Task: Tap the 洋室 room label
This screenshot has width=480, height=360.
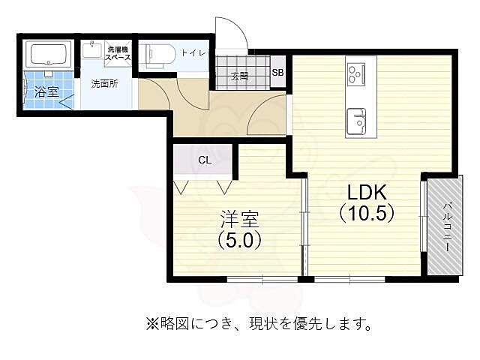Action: point(239,219)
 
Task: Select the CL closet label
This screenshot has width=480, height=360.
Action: point(205,160)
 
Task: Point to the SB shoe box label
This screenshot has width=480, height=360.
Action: point(277,73)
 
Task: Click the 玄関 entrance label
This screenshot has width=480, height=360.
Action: point(239,75)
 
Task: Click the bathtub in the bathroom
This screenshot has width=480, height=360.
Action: point(48,54)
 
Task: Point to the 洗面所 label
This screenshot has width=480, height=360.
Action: point(104,84)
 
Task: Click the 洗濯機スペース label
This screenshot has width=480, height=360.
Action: point(118,52)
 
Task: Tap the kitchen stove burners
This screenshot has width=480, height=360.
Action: point(355,73)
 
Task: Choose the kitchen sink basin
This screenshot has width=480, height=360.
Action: point(355,118)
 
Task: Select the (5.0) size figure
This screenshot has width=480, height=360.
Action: point(239,241)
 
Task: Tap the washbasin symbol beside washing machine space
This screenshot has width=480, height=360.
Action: point(93,51)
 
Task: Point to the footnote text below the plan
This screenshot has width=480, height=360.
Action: point(259,324)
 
